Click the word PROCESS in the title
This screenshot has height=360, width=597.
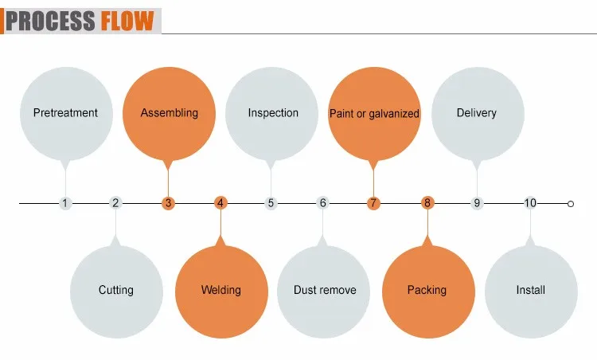[x=51, y=19]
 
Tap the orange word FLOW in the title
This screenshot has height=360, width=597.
[x=127, y=19]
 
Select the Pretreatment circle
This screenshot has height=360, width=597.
[x=65, y=113]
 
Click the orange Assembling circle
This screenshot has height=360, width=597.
[x=169, y=113]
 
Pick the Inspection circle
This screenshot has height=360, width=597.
[x=272, y=113]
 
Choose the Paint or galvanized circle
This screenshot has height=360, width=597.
[x=374, y=113]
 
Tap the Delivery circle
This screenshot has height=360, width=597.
[x=477, y=113]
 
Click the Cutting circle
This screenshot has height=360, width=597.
[x=116, y=290]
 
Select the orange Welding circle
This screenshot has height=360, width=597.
[x=220, y=290]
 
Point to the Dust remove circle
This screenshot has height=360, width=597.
[x=324, y=290]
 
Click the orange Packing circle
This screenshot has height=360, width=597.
[x=427, y=290]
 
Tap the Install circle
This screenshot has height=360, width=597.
[x=530, y=290]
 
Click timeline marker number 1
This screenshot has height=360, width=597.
[x=65, y=203]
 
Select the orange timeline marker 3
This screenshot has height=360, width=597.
[x=168, y=203]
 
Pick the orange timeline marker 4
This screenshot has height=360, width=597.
[x=220, y=203]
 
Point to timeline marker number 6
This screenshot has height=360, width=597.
[x=323, y=203]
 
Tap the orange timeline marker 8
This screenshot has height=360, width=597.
[x=427, y=203]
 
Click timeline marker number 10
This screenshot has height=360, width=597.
[x=530, y=203]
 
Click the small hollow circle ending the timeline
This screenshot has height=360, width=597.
[x=570, y=204]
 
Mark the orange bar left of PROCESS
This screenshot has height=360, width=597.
[x=2, y=19]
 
